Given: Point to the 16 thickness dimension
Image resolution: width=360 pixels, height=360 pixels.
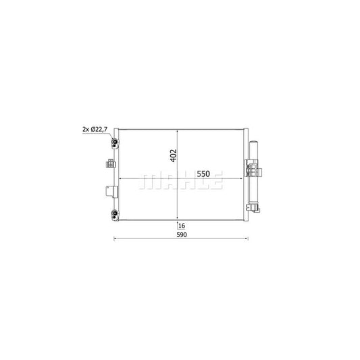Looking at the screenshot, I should coord(182,224).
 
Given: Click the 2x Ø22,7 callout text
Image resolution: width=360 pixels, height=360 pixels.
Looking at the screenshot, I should coord(95,129).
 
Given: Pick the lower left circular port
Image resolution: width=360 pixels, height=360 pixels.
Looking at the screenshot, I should coord(115,215).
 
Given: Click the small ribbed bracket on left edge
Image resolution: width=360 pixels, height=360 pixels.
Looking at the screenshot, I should coord(111,163).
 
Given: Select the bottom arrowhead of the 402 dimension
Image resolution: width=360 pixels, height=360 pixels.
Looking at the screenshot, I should coord(178,219).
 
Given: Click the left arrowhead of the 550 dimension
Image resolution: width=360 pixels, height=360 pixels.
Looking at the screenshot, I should coord(121,179).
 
